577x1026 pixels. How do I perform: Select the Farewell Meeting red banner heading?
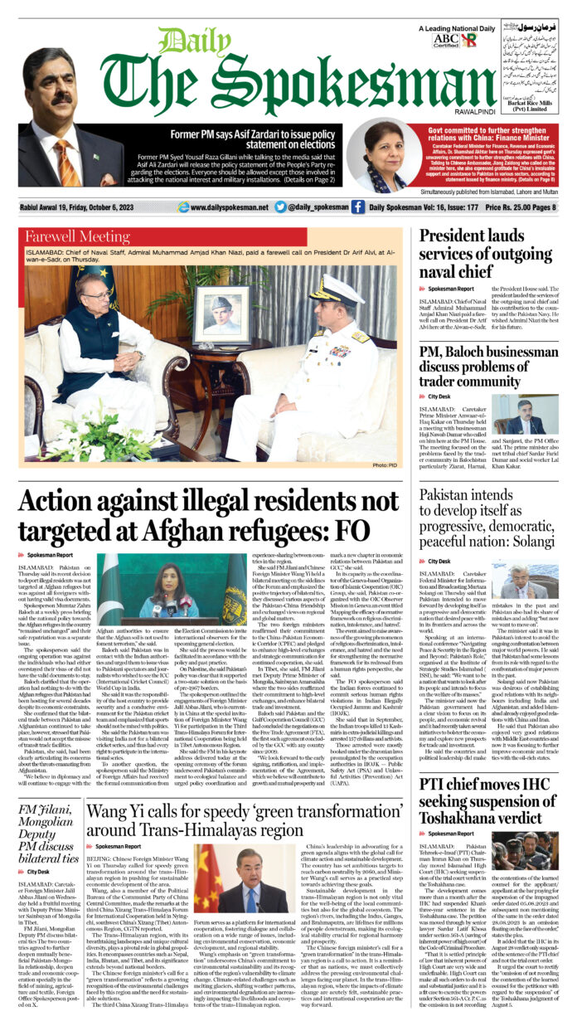point(74,236)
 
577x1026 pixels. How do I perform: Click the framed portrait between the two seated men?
point(221,317)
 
